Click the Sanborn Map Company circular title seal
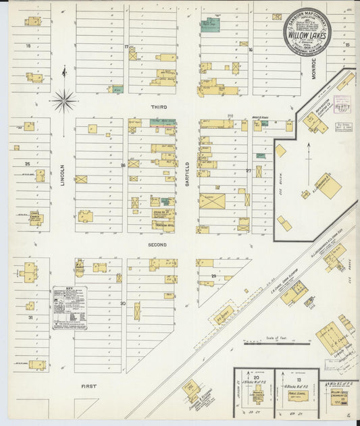click(307, 32)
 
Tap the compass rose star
click(64, 101)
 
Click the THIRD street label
click(159, 107)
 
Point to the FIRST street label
click(88, 386)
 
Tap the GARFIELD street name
click(188, 174)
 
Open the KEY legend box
click(70, 307)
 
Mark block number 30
click(123, 304)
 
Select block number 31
click(30, 317)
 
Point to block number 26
click(123, 165)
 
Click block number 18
click(28, 45)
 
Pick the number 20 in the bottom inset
click(256, 378)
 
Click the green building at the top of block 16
click(210, 26)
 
